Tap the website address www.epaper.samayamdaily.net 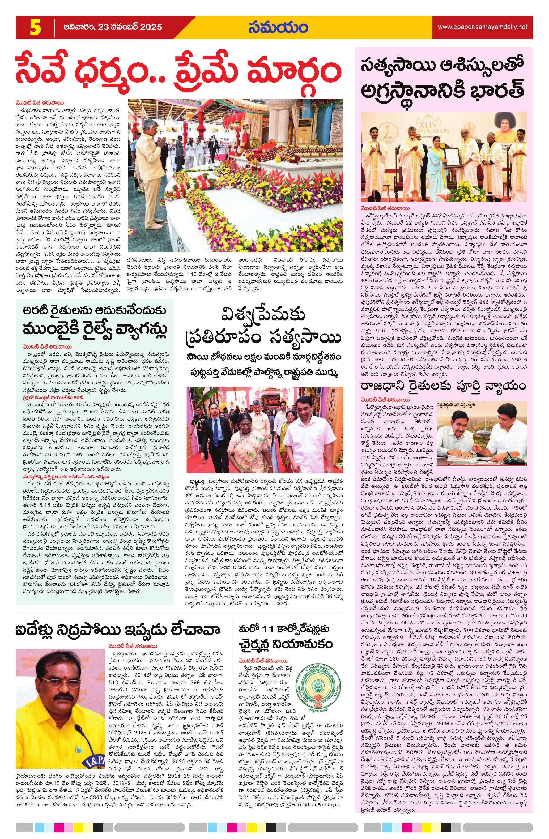[x=482, y=27]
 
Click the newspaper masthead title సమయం [x=278, y=28]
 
